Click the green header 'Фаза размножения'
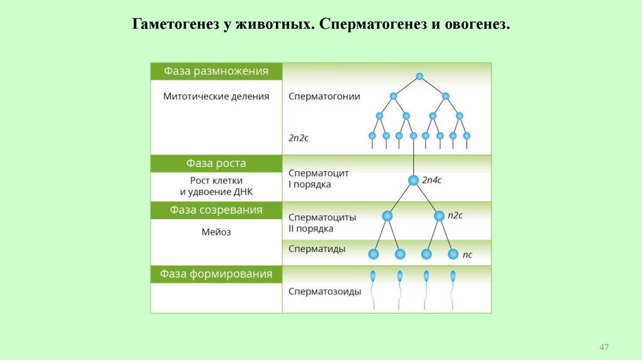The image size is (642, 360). pos(216,71)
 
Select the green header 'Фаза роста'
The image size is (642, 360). pos(216,163)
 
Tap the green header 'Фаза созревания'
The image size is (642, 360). pos(216,210)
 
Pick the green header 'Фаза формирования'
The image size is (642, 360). pos(216,274)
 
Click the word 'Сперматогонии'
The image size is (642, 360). pos(324,97)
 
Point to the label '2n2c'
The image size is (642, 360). pos(298,137)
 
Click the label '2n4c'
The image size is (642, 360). pos(432,180)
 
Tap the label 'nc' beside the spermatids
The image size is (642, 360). pos(467,255)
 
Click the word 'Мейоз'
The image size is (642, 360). pos(216,232)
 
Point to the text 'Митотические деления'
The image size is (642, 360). pos(216,97)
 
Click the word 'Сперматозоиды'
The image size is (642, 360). pos(325,292)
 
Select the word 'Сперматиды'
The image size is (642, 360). pos(317,249)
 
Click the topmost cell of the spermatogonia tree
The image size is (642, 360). pos(419,77)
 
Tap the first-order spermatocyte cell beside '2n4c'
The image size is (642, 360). pos(413,180)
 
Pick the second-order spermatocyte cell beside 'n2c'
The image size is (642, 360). pos(439,216)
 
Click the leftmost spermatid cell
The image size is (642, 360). pos(374,254)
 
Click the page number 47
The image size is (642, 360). pos(604,347)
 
